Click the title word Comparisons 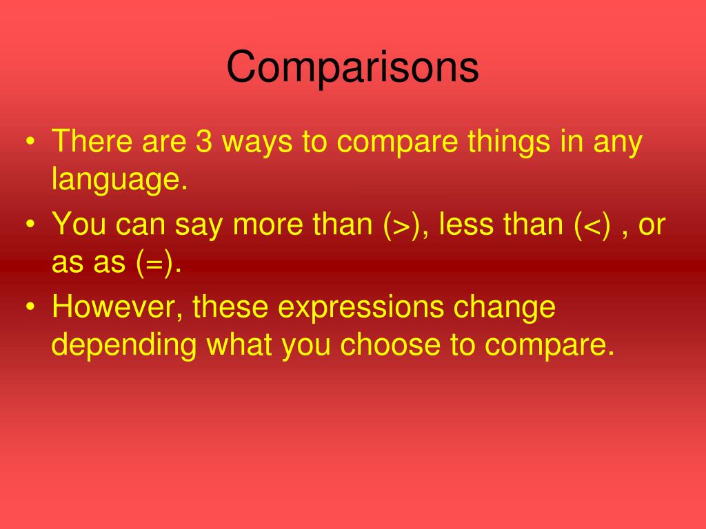coord(352,67)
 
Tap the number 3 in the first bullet coord(204,141)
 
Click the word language coord(119,179)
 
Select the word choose coord(390,344)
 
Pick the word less coord(466,224)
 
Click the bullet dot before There coord(30,141)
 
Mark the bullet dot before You coord(30,224)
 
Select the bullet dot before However coord(30,307)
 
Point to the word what coord(239,344)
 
